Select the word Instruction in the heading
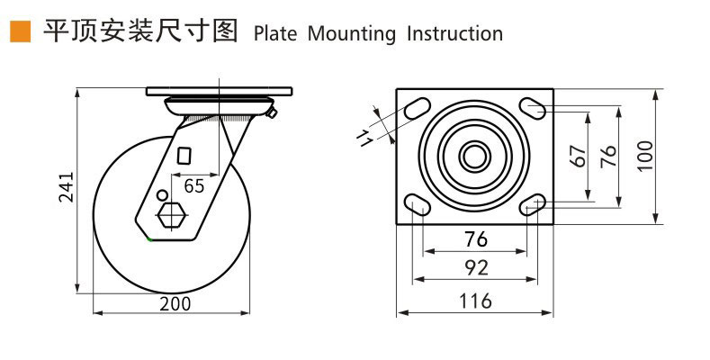click(x=454, y=34)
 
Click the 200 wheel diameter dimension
click(x=175, y=303)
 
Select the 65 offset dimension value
click(x=194, y=186)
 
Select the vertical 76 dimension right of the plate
click(x=609, y=155)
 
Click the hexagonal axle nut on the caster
click(x=171, y=217)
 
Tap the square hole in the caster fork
click(x=185, y=155)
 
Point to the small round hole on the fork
click(x=162, y=195)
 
